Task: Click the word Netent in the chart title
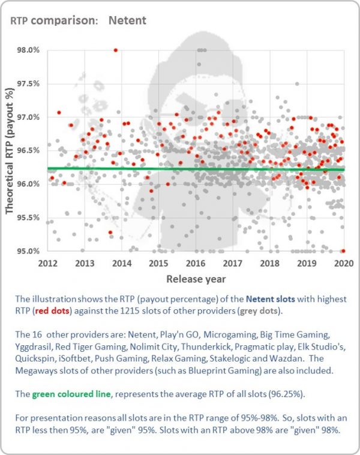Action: [127, 20]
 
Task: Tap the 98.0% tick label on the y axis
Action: [28, 50]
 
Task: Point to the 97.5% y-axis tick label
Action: [28, 83]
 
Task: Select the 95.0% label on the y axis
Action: [28, 251]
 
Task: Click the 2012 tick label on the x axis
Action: [48, 263]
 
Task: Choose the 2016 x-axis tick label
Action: [196, 263]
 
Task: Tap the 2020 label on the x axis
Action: [344, 263]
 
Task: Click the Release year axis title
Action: [196, 279]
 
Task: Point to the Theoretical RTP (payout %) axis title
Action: [10, 151]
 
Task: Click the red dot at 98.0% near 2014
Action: [116, 50]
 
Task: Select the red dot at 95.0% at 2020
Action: [343, 251]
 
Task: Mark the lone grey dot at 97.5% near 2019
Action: [297, 84]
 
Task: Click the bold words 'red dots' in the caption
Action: [52, 311]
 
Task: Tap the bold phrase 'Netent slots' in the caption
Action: [270, 299]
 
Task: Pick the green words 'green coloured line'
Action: [71, 394]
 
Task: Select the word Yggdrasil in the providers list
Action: [34, 346]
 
